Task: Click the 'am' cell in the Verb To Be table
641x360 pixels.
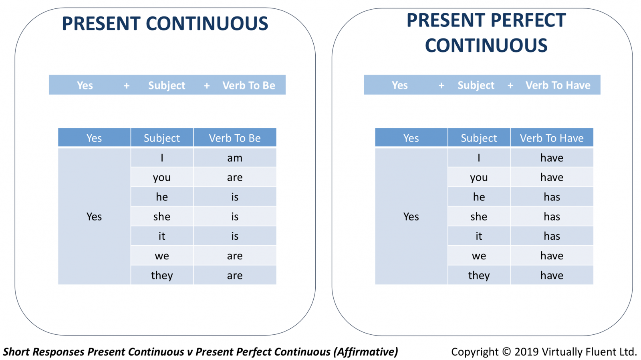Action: [235, 158]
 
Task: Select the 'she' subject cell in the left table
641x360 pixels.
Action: [162, 216]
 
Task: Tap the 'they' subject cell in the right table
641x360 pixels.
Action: [479, 275]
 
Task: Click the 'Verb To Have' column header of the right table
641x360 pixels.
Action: [552, 138]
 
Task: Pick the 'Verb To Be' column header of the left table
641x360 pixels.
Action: [235, 138]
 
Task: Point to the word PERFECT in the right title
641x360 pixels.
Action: [528, 20]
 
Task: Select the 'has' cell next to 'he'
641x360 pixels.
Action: [552, 197]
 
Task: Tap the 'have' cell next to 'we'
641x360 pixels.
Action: [552, 256]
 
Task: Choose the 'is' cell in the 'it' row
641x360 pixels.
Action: [235, 236]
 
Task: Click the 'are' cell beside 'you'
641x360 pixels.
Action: [235, 177]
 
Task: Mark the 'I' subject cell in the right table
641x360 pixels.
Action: [479, 158]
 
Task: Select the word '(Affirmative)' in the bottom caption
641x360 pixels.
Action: [365, 352]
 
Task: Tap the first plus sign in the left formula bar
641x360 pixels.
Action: [127, 85]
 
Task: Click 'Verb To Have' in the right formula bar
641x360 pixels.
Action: [558, 85]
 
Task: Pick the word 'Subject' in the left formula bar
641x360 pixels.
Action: [167, 86]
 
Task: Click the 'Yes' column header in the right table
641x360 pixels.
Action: [411, 138]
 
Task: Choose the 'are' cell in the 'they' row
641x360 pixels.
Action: [235, 275]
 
